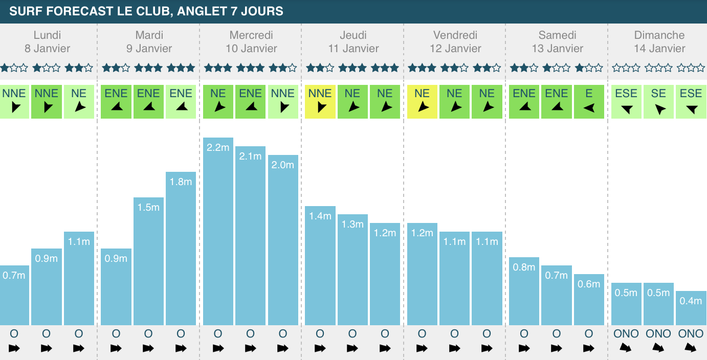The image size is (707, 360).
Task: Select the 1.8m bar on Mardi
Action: click(x=181, y=249)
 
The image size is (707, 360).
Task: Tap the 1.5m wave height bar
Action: click(x=148, y=261)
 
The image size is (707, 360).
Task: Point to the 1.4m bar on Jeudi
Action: click(x=320, y=265)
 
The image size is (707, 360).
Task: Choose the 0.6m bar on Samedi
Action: click(x=589, y=300)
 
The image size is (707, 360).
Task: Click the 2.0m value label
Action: click(x=283, y=165)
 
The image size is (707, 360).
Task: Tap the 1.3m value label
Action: click(x=352, y=224)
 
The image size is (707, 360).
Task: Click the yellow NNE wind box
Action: click(x=320, y=101)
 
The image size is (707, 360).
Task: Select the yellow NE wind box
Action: click(x=422, y=101)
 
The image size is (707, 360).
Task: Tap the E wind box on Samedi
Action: click(x=589, y=101)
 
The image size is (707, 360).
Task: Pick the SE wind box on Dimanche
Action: click(x=658, y=101)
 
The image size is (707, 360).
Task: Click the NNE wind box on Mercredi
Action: click(x=283, y=101)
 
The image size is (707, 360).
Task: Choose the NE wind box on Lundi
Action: click(x=79, y=101)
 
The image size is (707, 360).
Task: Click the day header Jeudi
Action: click(x=353, y=35)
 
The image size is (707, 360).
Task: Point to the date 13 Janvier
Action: click(x=558, y=49)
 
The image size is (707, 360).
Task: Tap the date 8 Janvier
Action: click(x=47, y=49)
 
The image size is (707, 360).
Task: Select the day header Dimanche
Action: click(x=659, y=35)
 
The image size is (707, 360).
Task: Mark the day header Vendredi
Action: click(x=455, y=35)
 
